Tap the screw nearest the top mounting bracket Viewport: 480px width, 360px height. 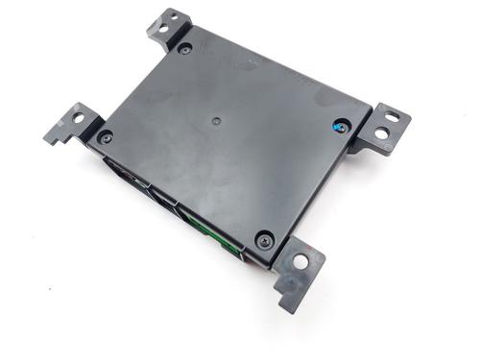pyautogui.click(x=184, y=48)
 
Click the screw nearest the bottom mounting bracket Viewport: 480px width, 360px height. pyautogui.click(x=264, y=240)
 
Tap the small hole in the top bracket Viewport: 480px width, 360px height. pyautogui.click(x=163, y=28)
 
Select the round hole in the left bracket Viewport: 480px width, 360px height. pyautogui.click(x=78, y=119)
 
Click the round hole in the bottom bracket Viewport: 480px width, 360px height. pyautogui.click(x=301, y=260)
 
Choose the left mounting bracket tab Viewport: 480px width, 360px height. pyautogui.click(x=72, y=124)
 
